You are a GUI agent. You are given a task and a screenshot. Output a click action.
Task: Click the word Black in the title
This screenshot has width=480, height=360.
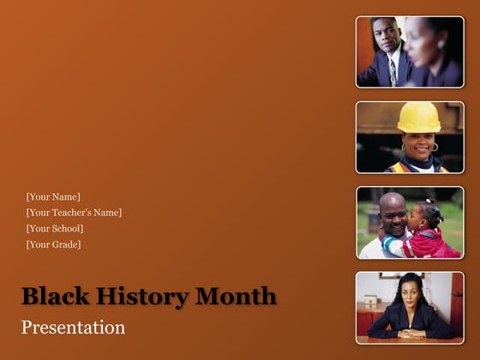[x=51, y=297]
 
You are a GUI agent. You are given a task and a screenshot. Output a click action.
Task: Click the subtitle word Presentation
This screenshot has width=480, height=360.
[x=73, y=327]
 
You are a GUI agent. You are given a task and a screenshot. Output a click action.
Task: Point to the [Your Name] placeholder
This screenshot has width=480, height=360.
[x=53, y=197]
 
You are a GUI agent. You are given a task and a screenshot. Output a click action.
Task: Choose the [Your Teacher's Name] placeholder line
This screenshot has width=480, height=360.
[x=74, y=213]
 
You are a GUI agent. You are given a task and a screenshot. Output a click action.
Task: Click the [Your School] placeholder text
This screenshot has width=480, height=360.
[x=55, y=229]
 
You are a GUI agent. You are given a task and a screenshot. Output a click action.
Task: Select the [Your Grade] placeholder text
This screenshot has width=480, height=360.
[x=54, y=245]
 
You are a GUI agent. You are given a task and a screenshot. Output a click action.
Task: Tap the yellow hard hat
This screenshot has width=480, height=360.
[x=419, y=117]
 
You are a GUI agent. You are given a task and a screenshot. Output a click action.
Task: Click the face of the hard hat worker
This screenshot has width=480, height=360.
[x=418, y=144]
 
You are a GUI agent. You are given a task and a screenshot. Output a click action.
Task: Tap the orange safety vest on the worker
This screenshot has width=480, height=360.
[x=400, y=167]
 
